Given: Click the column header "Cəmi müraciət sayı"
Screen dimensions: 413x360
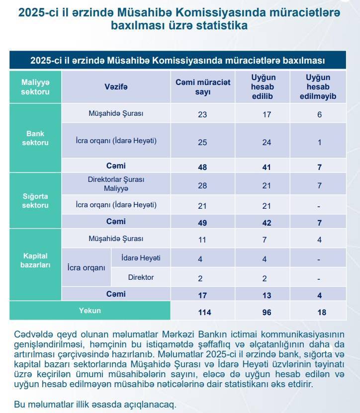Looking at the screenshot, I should coord(203,87).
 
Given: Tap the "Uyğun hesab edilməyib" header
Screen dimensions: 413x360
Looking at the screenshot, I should coord(319,87).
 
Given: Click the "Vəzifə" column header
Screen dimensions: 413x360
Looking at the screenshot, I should coord(116,87).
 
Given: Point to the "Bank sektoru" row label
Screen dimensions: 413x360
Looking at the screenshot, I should coord(35,138).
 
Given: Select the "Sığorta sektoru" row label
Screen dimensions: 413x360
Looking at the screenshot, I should coord(35,200).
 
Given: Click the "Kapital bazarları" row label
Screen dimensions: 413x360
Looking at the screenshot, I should coord(35,260).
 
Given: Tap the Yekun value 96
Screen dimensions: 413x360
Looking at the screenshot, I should coord(267,312).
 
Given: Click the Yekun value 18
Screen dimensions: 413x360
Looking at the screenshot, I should coord(319,312).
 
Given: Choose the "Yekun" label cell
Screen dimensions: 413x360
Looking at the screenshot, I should coord(90,311).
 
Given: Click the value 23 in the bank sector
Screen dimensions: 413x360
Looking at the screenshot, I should coord(202,114).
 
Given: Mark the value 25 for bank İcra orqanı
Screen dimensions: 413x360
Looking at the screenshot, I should coord(202,142).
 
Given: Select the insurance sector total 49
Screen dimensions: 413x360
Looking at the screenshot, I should coord(202,223).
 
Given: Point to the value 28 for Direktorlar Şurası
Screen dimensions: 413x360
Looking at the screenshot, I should coord(202,185).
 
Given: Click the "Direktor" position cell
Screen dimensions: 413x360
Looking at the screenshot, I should coord(141,277).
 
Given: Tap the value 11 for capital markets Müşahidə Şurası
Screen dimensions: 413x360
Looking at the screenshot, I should coord(202,240).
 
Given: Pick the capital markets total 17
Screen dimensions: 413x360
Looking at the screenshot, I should coord(202,295).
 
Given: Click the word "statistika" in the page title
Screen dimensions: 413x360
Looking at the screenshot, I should coord(216,25).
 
